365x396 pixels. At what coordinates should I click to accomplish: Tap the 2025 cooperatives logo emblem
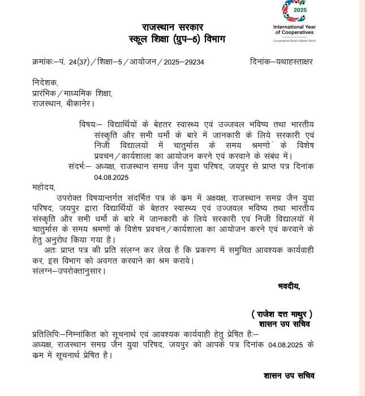(x=294, y=12)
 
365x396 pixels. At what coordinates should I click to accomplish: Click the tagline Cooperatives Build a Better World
(x=294, y=41)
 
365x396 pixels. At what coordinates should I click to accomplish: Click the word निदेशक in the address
(x=46, y=84)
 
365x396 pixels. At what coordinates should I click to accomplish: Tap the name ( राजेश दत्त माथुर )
(x=282, y=314)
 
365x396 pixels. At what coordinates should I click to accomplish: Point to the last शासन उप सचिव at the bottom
(x=289, y=375)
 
